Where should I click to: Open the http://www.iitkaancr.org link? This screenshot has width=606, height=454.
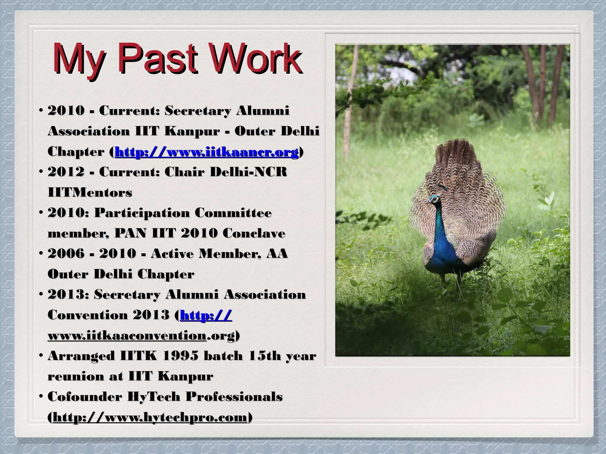(x=207, y=152)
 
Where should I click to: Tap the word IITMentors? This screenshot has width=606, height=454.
(x=90, y=193)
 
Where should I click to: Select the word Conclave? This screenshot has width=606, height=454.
(x=254, y=234)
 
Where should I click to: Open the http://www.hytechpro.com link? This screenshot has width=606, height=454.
(x=150, y=418)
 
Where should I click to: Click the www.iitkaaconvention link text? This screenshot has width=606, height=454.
(x=127, y=336)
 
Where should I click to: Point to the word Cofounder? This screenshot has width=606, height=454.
(x=85, y=397)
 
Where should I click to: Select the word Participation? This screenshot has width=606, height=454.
(x=142, y=213)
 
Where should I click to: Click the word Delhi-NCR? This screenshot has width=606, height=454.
(x=248, y=172)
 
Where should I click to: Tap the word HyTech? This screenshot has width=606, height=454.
(x=154, y=397)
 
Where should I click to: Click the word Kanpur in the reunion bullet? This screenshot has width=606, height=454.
(x=185, y=377)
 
